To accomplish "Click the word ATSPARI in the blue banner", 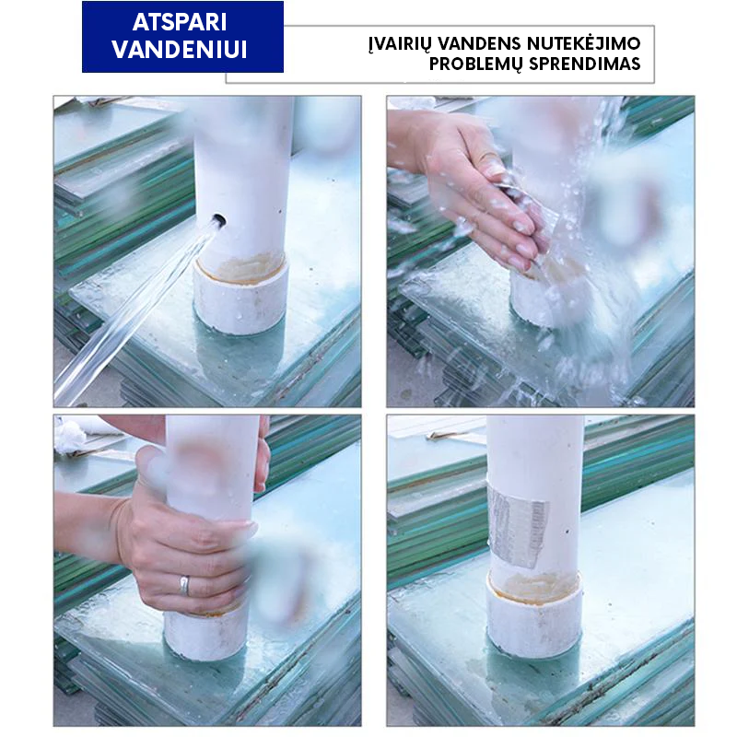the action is [180, 22].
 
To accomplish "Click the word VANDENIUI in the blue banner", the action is [180, 49].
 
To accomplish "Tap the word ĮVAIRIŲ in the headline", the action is [400, 43].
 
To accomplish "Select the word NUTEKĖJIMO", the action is [583, 42].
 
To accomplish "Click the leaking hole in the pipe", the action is [218, 219].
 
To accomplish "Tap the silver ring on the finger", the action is [184, 585].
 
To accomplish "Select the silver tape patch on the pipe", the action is [517, 526].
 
